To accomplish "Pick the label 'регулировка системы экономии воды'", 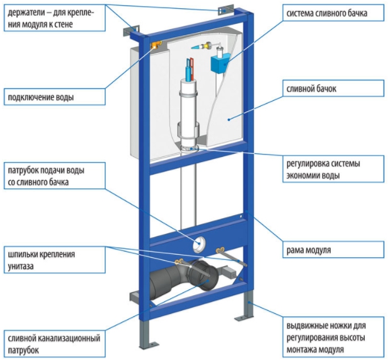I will (x=322, y=170).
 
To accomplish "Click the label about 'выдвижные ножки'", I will (x=328, y=337).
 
